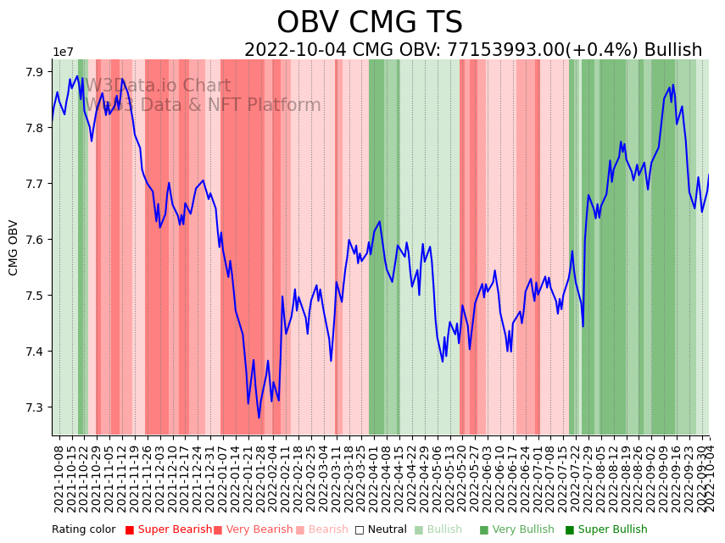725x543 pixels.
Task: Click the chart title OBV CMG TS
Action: pyautogui.click(x=370, y=23)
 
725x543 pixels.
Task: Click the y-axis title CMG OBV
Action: pyautogui.click(x=14, y=247)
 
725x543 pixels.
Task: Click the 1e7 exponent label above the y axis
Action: pyautogui.click(x=64, y=53)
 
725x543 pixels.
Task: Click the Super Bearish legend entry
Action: pyautogui.click(x=169, y=529)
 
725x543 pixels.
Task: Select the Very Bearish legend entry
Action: pyautogui.click(x=253, y=529)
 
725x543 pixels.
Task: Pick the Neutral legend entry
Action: pyautogui.click(x=381, y=529)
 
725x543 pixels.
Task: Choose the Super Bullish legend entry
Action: pyautogui.click(x=605, y=529)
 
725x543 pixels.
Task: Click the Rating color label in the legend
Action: pyautogui.click(x=83, y=529)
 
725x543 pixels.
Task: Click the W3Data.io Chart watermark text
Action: pyautogui.click(x=157, y=86)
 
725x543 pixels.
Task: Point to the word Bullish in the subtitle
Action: pyautogui.click(x=672, y=50)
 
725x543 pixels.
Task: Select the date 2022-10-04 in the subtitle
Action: pyautogui.click(x=296, y=50)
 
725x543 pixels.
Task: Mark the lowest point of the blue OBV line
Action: pyautogui.click(x=259, y=418)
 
